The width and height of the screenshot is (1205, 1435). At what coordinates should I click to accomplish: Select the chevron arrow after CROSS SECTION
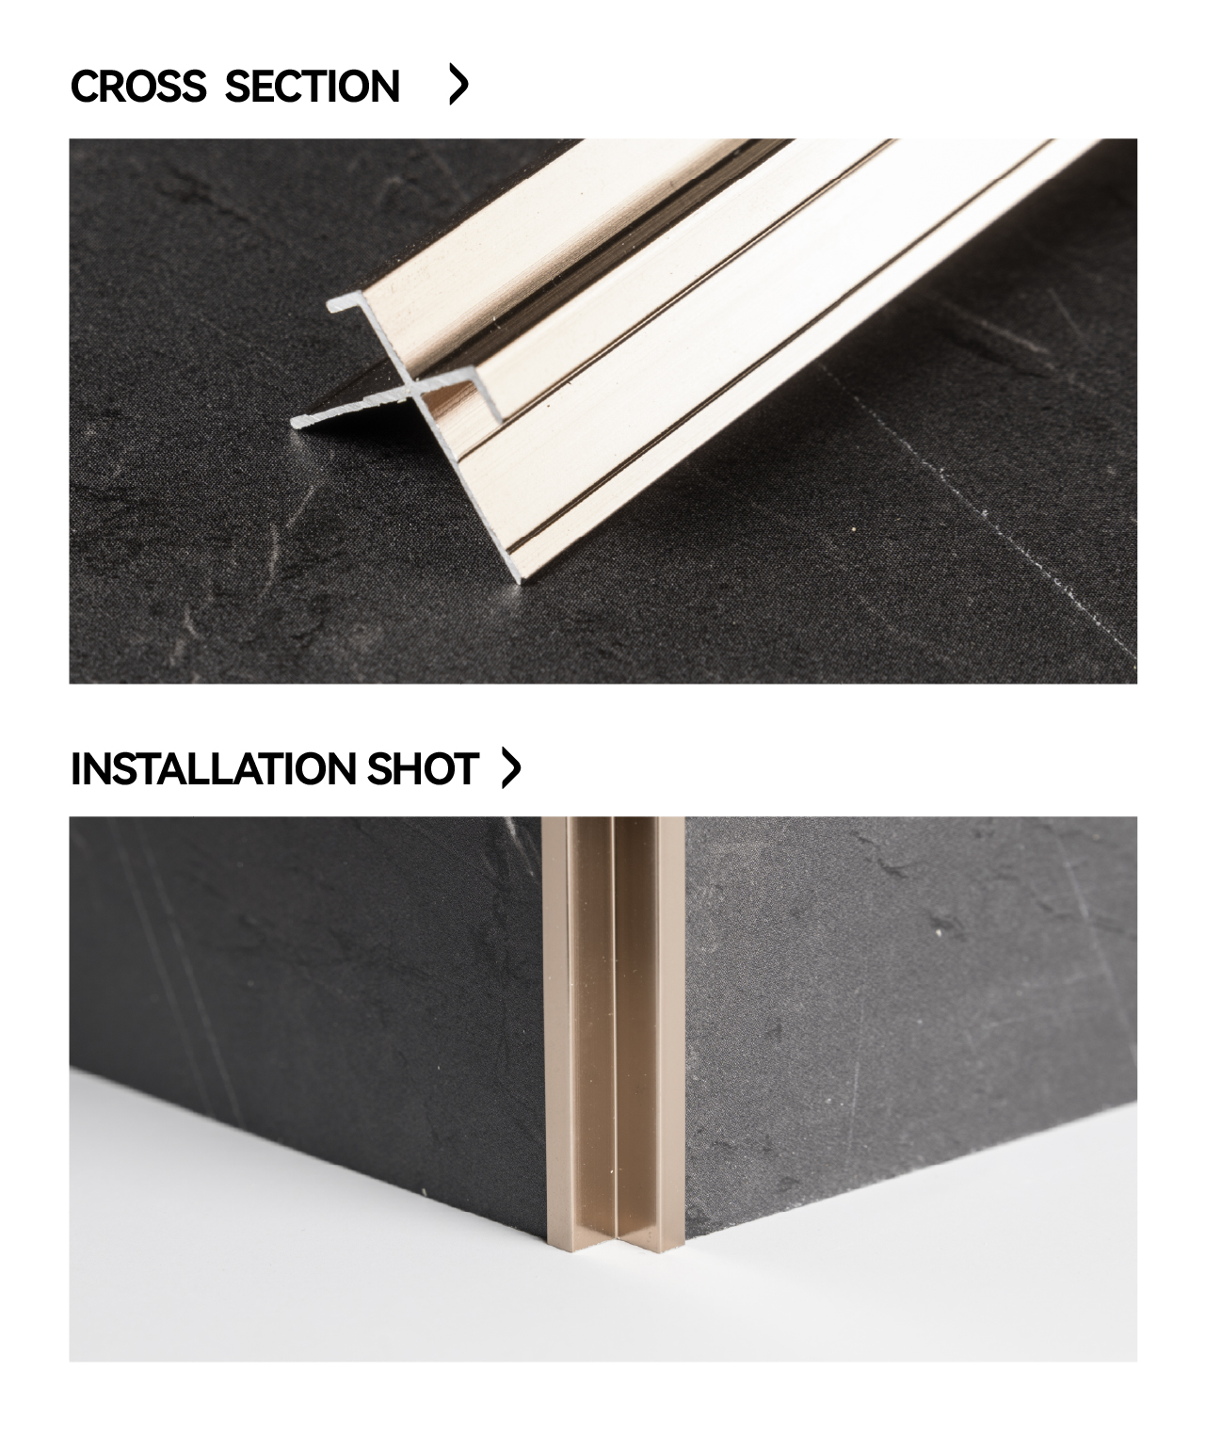pos(458,85)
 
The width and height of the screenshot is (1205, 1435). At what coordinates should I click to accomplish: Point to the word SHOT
pos(423,768)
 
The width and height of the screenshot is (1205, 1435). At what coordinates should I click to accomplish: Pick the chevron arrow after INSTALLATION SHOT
pos(511,767)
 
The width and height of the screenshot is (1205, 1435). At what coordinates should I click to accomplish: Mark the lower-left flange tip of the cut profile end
pos(294,422)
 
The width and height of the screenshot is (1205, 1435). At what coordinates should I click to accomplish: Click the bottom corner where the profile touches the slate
pos(520,581)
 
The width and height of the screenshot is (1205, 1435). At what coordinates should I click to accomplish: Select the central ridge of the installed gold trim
pos(614,1031)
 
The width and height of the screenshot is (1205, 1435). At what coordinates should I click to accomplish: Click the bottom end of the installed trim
pos(616,1244)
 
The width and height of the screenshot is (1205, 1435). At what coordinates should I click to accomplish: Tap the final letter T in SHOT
pos(466,768)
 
